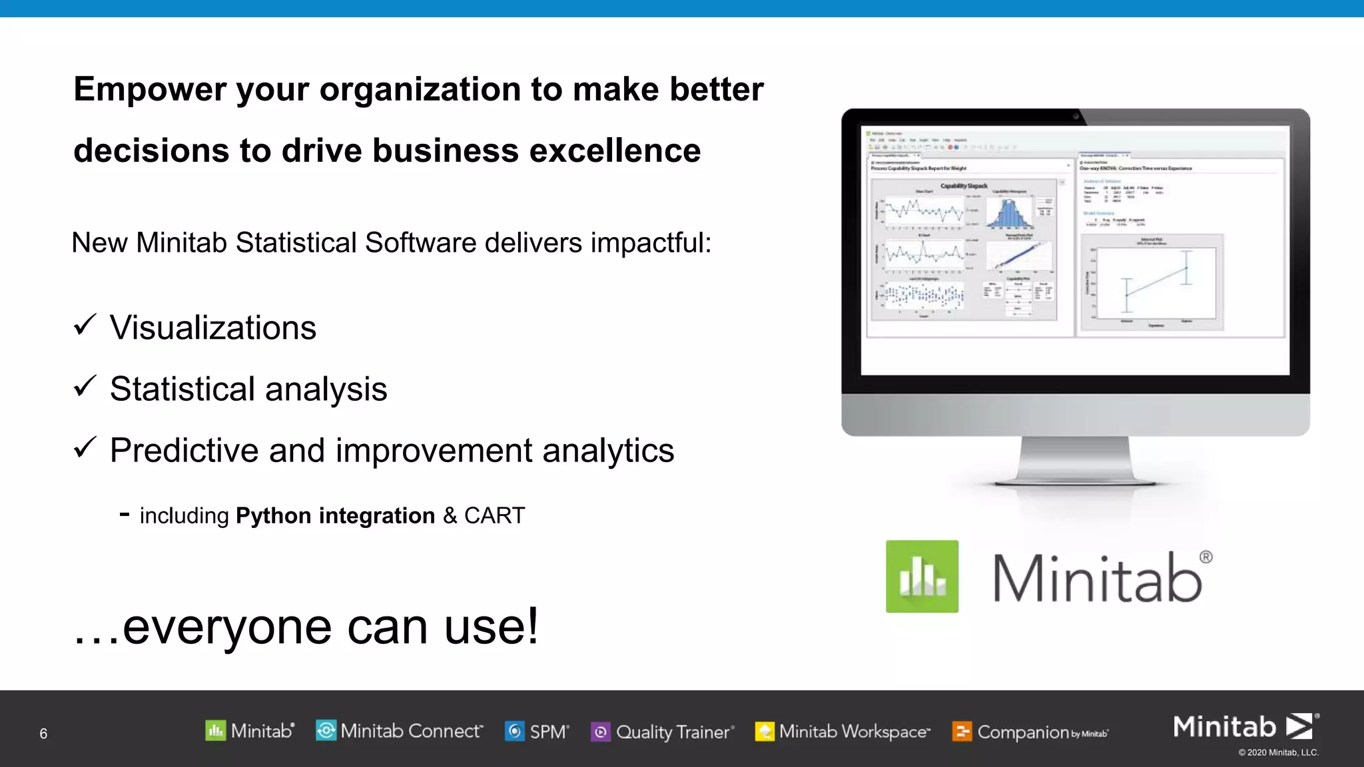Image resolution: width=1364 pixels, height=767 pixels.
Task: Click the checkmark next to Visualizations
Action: click(x=85, y=325)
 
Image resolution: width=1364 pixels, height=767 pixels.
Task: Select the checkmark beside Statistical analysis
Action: click(x=85, y=386)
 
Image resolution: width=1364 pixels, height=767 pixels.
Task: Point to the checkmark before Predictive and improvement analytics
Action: click(x=85, y=447)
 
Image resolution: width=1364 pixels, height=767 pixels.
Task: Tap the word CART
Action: click(x=494, y=516)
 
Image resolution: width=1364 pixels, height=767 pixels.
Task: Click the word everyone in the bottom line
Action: click(x=227, y=627)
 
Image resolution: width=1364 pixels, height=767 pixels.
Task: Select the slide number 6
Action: click(x=43, y=734)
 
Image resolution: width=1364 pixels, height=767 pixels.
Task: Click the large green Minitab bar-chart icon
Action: click(x=922, y=577)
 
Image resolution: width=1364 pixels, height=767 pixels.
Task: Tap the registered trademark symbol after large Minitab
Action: click(x=1205, y=557)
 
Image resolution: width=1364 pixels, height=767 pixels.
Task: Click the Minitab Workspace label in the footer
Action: click(x=854, y=732)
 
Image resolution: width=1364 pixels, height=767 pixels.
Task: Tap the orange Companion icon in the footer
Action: click(x=962, y=732)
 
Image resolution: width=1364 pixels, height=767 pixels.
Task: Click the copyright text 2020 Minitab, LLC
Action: click(x=1278, y=753)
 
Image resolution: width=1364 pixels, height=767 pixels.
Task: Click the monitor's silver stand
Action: click(x=1075, y=459)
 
